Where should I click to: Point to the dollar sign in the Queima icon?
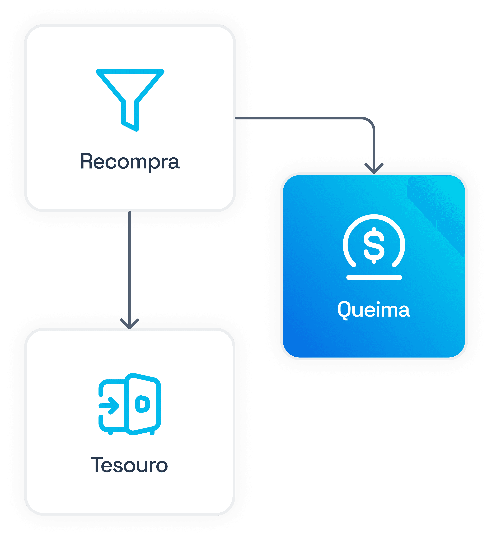(x=374, y=245)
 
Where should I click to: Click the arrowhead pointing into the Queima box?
(x=374, y=169)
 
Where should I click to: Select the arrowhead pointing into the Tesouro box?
(x=130, y=324)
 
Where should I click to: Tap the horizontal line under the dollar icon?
(x=374, y=277)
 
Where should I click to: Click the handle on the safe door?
(x=142, y=404)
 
